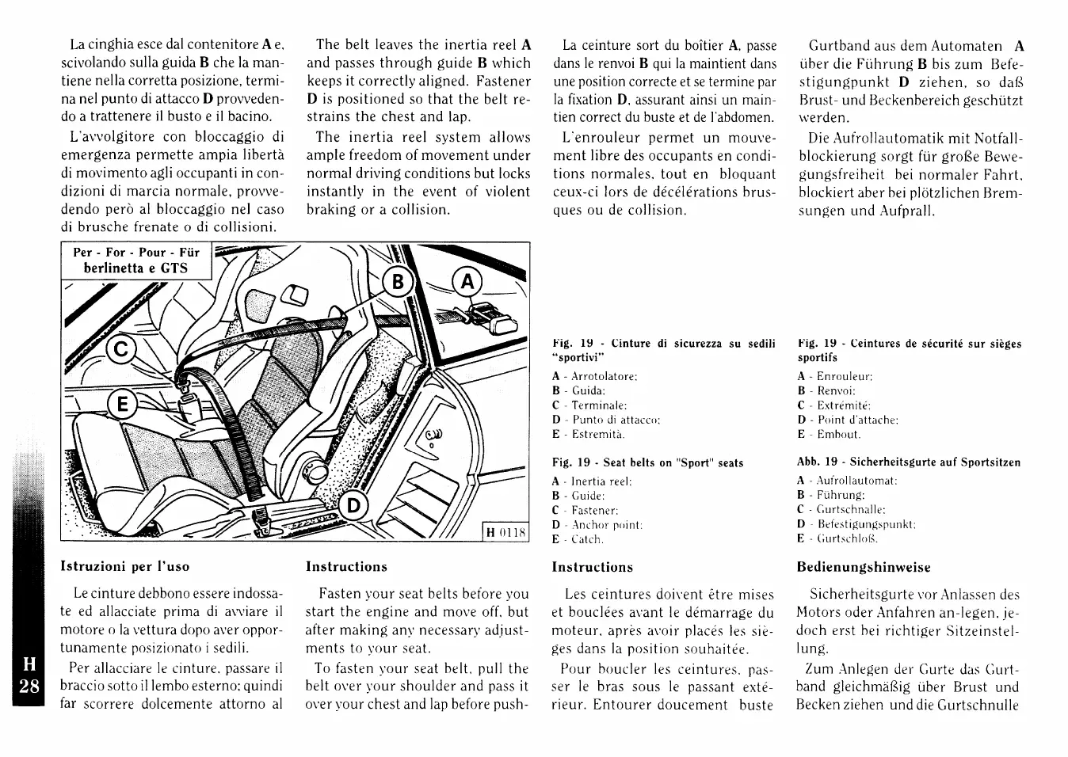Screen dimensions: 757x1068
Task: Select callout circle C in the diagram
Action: pos(122,349)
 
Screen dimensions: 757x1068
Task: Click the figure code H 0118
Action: pos(505,532)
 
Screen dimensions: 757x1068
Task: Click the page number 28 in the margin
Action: pos(29,686)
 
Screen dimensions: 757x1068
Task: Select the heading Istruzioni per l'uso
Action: pos(125,567)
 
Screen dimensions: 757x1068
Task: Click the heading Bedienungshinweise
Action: pos(864,567)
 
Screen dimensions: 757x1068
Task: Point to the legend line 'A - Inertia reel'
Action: pos(592,481)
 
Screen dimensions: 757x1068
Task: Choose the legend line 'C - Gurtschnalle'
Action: pos(841,510)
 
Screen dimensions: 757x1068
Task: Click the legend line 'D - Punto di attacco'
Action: pos(606,420)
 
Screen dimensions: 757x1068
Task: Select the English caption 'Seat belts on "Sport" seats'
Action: pos(673,463)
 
